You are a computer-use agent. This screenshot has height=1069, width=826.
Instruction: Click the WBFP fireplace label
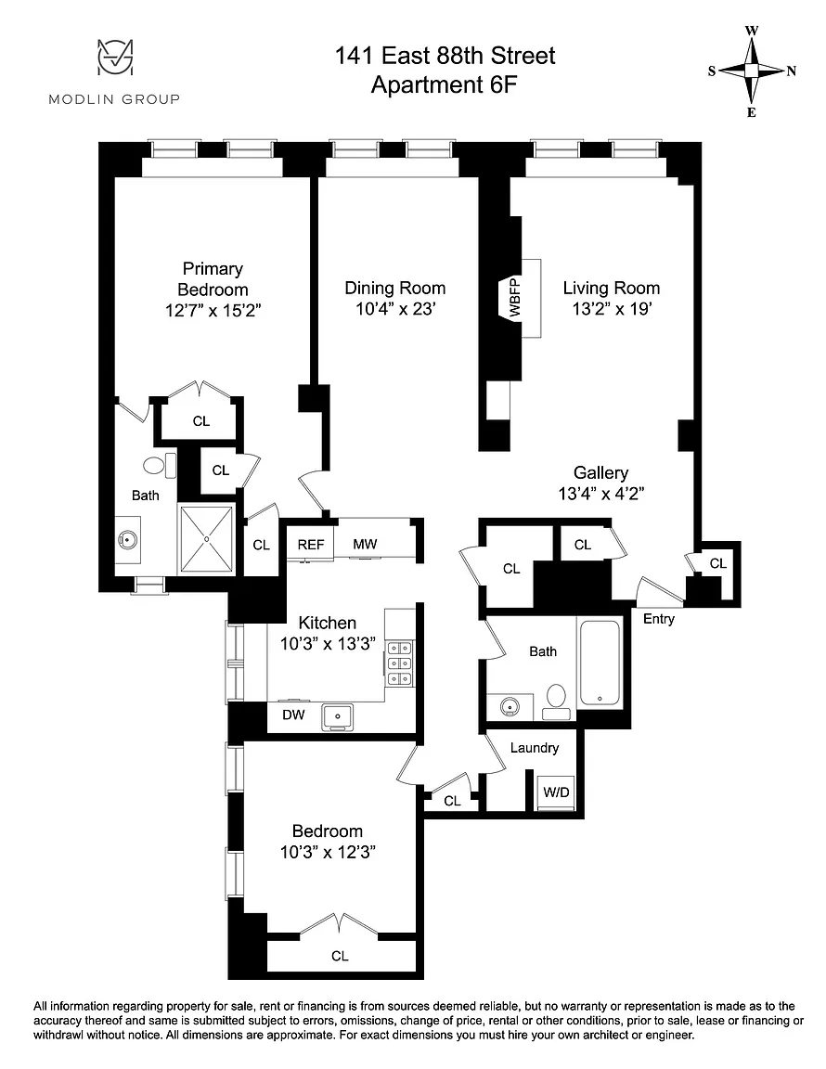coord(515,298)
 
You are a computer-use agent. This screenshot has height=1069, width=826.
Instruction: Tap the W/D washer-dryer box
coord(556,792)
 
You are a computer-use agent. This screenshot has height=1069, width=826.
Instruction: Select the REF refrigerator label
coord(311,545)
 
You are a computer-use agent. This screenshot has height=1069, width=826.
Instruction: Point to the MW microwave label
coord(365,544)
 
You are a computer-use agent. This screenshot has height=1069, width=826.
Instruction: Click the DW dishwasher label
coord(293,715)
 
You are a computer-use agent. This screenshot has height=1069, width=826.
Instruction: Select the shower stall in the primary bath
coord(206,538)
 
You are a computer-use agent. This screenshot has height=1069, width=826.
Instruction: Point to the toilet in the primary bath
coord(160,466)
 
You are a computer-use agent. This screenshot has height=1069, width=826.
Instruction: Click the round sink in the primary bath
coord(127,540)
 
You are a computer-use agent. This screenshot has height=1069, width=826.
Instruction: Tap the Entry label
coord(659,619)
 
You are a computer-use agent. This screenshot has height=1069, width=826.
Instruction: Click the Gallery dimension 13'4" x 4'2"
coord(600,494)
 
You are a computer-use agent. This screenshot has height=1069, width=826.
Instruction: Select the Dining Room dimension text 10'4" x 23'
coord(395,309)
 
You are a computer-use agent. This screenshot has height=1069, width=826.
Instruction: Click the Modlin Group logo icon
coord(114,57)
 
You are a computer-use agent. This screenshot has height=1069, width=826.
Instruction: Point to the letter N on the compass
coord(792,71)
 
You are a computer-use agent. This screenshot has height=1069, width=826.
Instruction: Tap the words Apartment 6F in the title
coord(444,85)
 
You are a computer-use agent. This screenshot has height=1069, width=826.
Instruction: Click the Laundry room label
coord(534,748)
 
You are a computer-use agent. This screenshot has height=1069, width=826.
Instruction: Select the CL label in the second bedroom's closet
coord(340,957)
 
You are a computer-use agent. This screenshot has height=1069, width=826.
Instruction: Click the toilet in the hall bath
coord(557,702)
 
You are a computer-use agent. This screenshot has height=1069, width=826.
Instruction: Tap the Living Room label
coord(611,288)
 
